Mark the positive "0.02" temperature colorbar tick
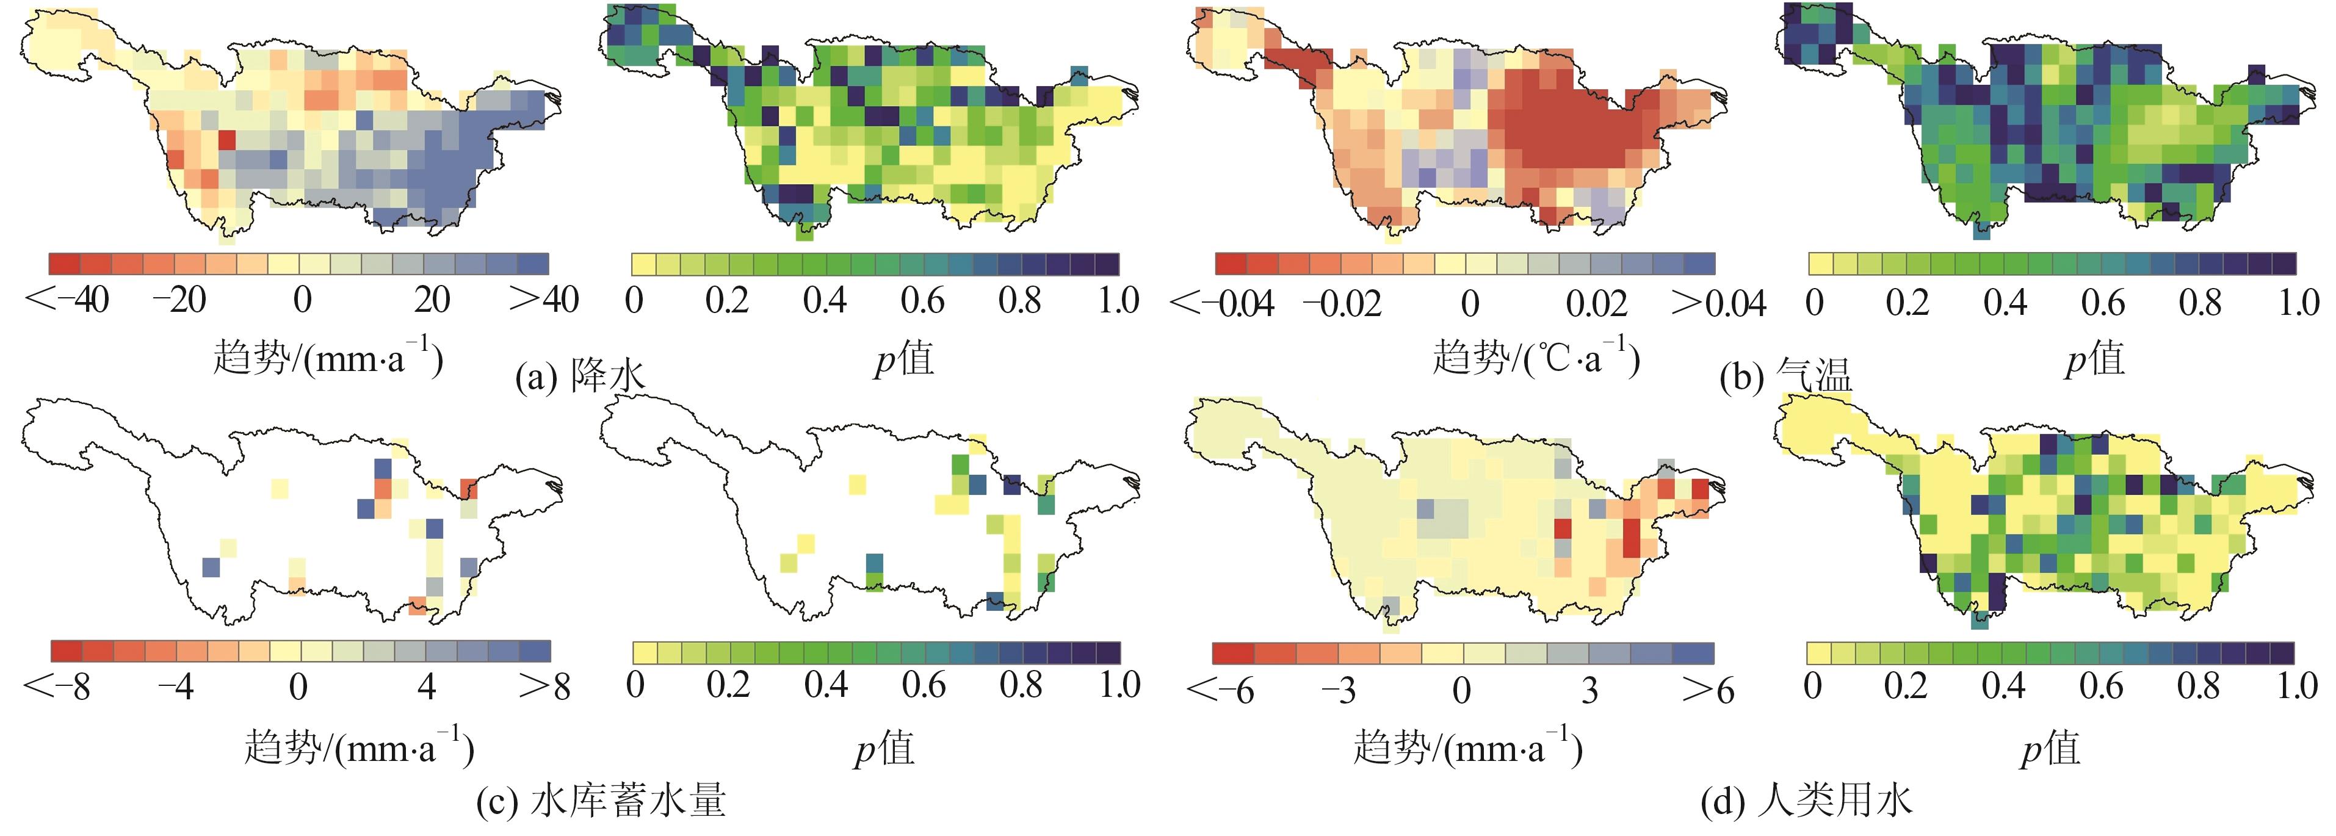[x=1597, y=302]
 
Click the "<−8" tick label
[x=56, y=687]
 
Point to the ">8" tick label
[x=546, y=687]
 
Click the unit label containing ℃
[x=1536, y=357]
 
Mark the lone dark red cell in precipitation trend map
[x=226, y=140]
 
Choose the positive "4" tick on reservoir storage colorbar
[x=426, y=687]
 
